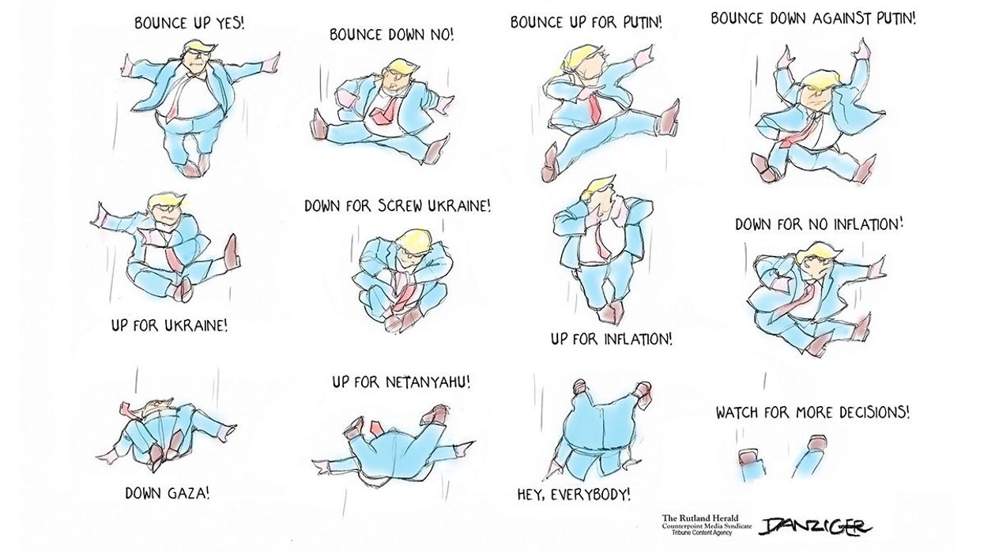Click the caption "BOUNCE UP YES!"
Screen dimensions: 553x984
tap(190, 23)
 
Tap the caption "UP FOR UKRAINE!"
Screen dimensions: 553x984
tap(170, 325)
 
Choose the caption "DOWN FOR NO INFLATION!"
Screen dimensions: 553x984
tap(819, 224)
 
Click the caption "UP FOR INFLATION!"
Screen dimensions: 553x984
tap(612, 340)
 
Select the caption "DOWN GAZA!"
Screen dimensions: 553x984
tap(168, 494)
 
